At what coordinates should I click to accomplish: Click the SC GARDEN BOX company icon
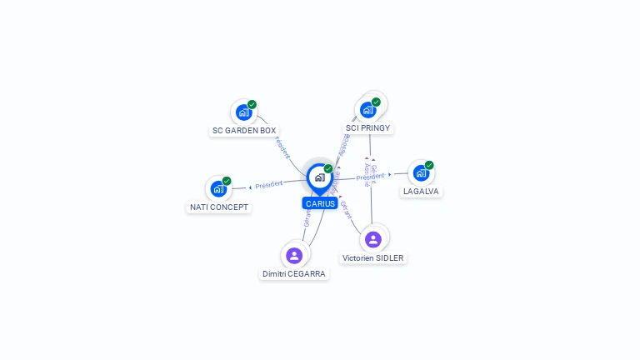(243, 112)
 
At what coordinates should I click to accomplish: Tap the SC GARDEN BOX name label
(244, 131)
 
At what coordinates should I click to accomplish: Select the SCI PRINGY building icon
(367, 109)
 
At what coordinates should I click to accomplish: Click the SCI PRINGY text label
(367, 128)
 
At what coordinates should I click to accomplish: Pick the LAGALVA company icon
(421, 172)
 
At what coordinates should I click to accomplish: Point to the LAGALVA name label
(421, 192)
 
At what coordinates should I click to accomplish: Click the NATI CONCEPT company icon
(218, 188)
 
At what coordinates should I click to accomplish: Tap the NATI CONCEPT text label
(219, 207)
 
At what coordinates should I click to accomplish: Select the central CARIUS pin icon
(319, 177)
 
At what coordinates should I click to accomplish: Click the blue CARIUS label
(320, 203)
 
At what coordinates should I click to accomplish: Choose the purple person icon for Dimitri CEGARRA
(293, 255)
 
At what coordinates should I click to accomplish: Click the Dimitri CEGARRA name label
(294, 274)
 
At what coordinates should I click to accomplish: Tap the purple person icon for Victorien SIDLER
(372, 239)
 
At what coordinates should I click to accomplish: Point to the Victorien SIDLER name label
(373, 258)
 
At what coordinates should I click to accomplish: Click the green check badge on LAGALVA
(429, 165)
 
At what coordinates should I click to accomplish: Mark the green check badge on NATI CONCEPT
(227, 181)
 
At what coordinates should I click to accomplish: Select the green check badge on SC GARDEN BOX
(252, 104)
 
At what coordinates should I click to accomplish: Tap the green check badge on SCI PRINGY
(376, 102)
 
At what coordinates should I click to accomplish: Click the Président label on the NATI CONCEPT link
(269, 184)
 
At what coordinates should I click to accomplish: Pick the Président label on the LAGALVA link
(370, 177)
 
